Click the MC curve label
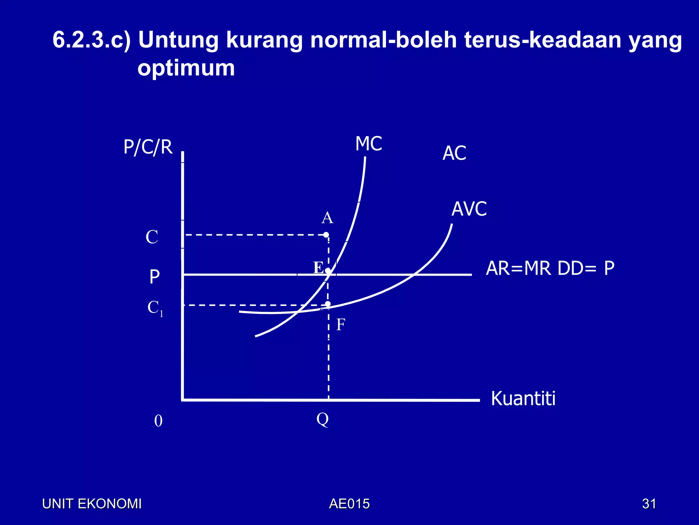[369, 144]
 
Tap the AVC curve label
[469, 209]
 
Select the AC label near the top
[454, 153]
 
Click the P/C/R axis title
[148, 147]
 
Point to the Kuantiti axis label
[523, 399]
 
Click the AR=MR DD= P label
[550, 268]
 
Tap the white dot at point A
[326, 235]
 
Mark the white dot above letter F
[328, 304]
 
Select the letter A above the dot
[327, 218]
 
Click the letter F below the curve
[341, 324]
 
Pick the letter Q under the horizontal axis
[323, 419]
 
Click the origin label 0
[158, 421]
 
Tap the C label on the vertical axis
[152, 237]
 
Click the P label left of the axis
[155, 277]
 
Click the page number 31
[649, 504]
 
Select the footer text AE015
[349, 504]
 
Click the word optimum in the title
[186, 68]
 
